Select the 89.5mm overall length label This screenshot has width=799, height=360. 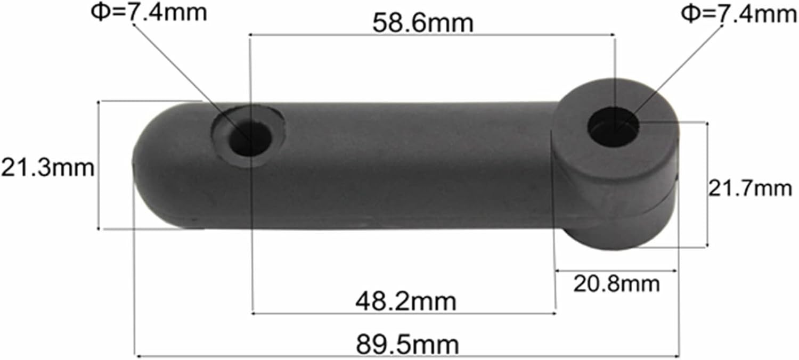click(x=407, y=345)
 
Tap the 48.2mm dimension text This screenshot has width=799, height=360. click(x=405, y=301)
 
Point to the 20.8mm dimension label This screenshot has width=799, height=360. click(x=616, y=283)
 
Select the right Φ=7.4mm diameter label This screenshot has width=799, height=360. click(x=739, y=14)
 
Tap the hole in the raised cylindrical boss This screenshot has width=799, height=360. click(x=613, y=127)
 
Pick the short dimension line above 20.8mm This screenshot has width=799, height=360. click(x=616, y=271)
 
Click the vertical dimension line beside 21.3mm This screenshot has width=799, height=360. click(x=99, y=165)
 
